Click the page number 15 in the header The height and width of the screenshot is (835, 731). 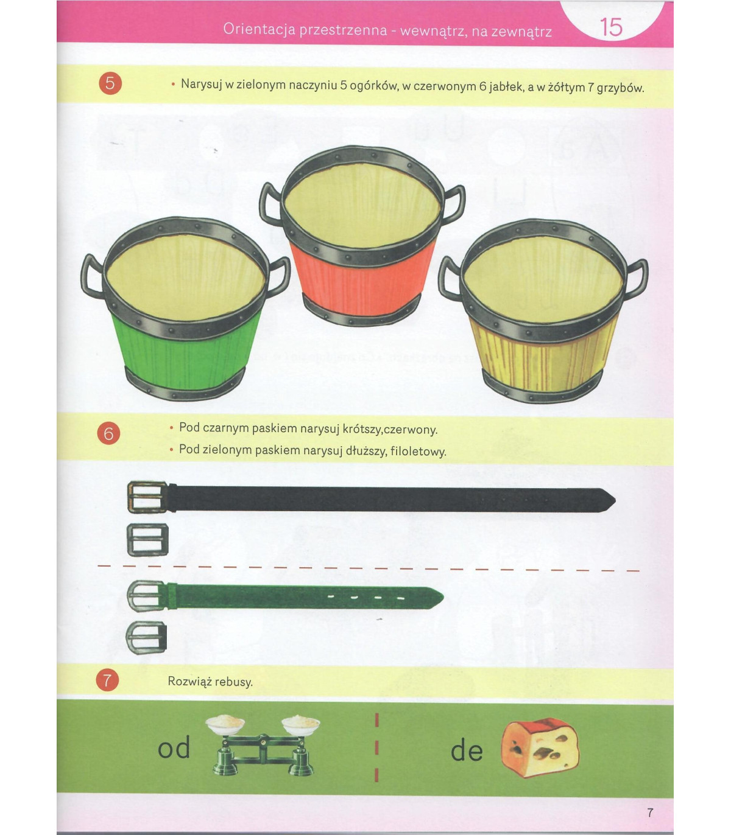(x=611, y=27)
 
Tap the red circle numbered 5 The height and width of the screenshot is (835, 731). (x=110, y=83)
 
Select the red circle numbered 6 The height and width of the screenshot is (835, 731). (x=108, y=433)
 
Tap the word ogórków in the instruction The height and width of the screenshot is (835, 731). (x=373, y=86)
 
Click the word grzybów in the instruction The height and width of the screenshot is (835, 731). (x=620, y=88)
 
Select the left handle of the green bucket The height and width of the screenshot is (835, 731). (x=93, y=276)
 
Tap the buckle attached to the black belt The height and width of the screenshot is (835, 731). (x=147, y=497)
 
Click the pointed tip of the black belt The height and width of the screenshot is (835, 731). (x=615, y=500)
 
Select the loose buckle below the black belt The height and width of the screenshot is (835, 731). (x=147, y=540)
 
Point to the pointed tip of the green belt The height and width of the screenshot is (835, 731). (x=443, y=598)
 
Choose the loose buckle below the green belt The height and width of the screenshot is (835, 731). (x=146, y=637)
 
